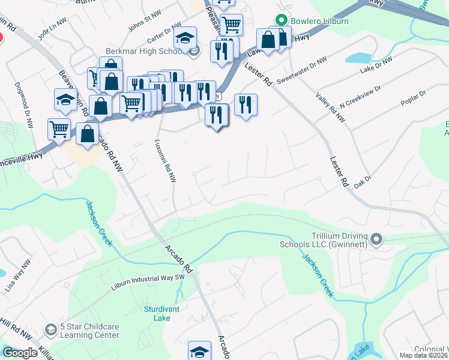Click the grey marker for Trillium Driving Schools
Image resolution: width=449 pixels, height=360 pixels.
(376, 240)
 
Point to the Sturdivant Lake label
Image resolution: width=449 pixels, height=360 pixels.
(161, 314)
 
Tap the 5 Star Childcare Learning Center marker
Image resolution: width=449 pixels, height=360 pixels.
(51, 330)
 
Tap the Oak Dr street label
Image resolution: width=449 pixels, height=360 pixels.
(364, 179)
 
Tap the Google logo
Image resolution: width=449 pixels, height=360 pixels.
(20, 353)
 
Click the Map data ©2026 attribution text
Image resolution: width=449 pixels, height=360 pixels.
(424, 355)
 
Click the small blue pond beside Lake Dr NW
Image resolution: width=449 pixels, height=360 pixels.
(359, 58)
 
